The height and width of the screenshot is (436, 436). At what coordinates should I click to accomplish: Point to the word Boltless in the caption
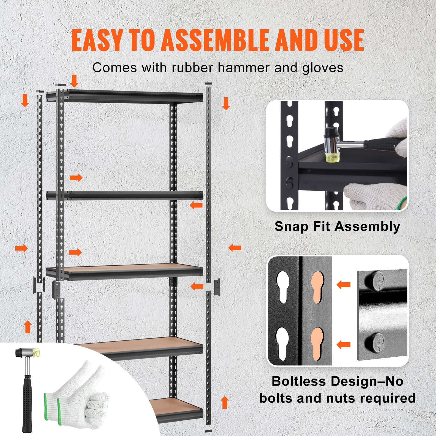[299, 381]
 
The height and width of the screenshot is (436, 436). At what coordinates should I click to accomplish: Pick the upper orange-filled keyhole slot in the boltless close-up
[317, 287]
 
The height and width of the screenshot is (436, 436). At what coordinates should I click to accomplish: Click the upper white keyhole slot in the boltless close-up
[283, 287]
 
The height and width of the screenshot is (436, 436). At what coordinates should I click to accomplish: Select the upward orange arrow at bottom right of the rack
[225, 402]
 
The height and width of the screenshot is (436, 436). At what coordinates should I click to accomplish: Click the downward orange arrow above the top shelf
[74, 81]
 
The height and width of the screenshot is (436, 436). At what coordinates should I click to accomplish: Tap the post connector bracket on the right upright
[217, 287]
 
